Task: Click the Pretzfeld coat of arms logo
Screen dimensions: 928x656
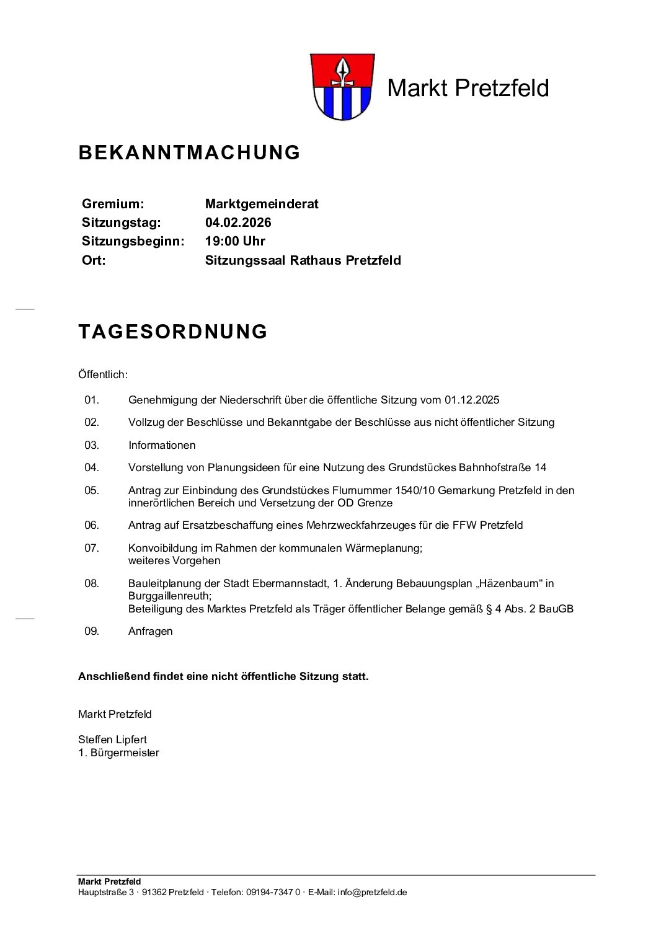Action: click(x=340, y=87)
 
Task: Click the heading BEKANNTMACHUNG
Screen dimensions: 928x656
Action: click(x=189, y=152)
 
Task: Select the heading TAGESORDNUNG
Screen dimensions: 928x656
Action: click(x=173, y=332)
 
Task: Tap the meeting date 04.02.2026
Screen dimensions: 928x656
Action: click(x=238, y=223)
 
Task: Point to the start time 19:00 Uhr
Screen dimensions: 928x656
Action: click(x=235, y=241)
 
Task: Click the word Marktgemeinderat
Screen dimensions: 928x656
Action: click(x=262, y=204)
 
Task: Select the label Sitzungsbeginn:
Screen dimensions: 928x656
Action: click(x=133, y=241)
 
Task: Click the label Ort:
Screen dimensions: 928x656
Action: click(x=94, y=260)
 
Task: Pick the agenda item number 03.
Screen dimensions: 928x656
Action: click(x=92, y=445)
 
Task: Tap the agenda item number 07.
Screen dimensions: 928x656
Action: click(x=92, y=548)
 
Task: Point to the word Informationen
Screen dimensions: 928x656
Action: click(x=162, y=445)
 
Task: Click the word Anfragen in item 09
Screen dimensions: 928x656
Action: click(x=151, y=632)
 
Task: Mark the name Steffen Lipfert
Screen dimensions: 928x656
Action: click(x=112, y=740)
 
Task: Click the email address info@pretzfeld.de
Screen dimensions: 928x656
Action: click(x=372, y=893)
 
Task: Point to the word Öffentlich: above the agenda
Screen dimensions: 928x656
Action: click(x=103, y=374)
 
